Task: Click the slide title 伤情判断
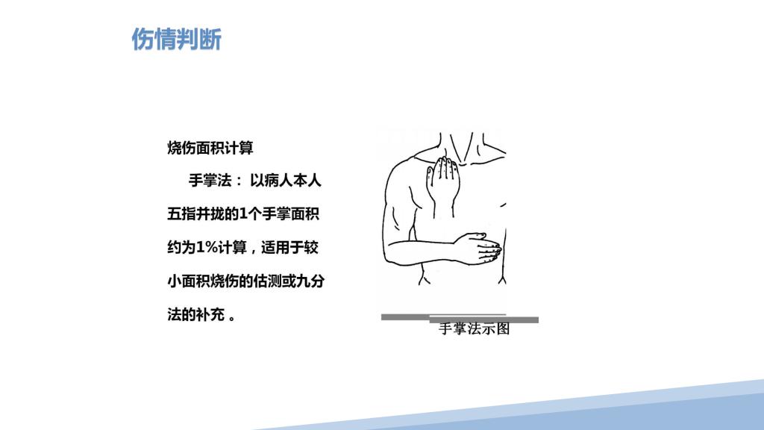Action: (176, 39)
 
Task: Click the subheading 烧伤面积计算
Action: (210, 148)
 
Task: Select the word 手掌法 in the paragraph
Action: (210, 181)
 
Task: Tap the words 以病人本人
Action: (286, 181)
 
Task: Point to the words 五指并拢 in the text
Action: (195, 214)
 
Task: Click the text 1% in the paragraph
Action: (207, 248)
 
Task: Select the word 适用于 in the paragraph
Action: (283, 248)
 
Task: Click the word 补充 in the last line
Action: (210, 315)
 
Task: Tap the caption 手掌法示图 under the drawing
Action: (474, 328)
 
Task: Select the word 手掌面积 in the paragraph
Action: (290, 214)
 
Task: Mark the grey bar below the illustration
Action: (460, 318)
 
